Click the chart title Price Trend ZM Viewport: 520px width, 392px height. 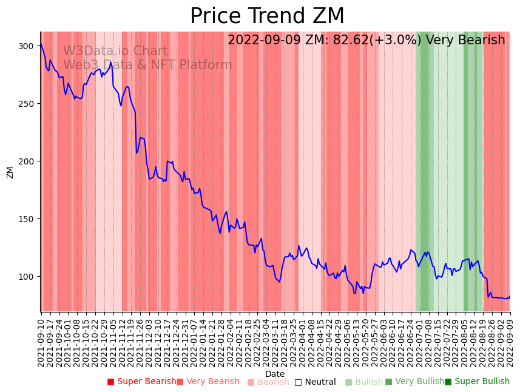[x=267, y=16]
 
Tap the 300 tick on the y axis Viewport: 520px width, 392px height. [x=26, y=46]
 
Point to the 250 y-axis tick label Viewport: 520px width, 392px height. [x=26, y=104]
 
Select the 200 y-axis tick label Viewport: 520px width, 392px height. [x=26, y=161]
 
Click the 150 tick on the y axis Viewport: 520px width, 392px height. [x=26, y=219]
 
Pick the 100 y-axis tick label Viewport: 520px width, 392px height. [x=26, y=277]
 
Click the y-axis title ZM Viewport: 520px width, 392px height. [x=10, y=172]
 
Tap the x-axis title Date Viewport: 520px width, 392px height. [x=275, y=374]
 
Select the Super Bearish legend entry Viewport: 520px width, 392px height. [x=141, y=382]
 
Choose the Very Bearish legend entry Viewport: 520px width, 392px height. [x=208, y=382]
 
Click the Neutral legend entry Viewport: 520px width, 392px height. [x=316, y=382]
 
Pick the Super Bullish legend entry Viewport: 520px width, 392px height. [x=478, y=382]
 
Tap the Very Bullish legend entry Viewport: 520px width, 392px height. [x=415, y=382]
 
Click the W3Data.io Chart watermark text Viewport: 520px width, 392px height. [x=115, y=52]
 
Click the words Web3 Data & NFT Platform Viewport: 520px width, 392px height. [x=147, y=65]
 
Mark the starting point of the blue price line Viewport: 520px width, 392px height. [x=41, y=44]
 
